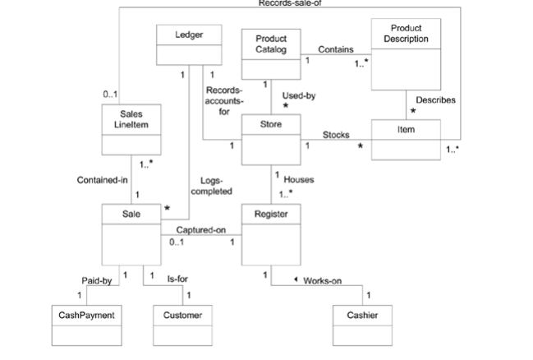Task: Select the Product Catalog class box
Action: coord(270,53)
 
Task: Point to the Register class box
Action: coord(270,234)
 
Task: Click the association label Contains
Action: coord(336,49)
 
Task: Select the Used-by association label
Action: coord(299,96)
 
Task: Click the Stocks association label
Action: coord(335,134)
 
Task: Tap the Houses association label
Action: coord(298,179)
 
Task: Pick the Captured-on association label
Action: coord(200,230)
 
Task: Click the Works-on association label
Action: coord(322,281)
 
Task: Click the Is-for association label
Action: coord(177,279)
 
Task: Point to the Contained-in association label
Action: coord(102,180)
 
